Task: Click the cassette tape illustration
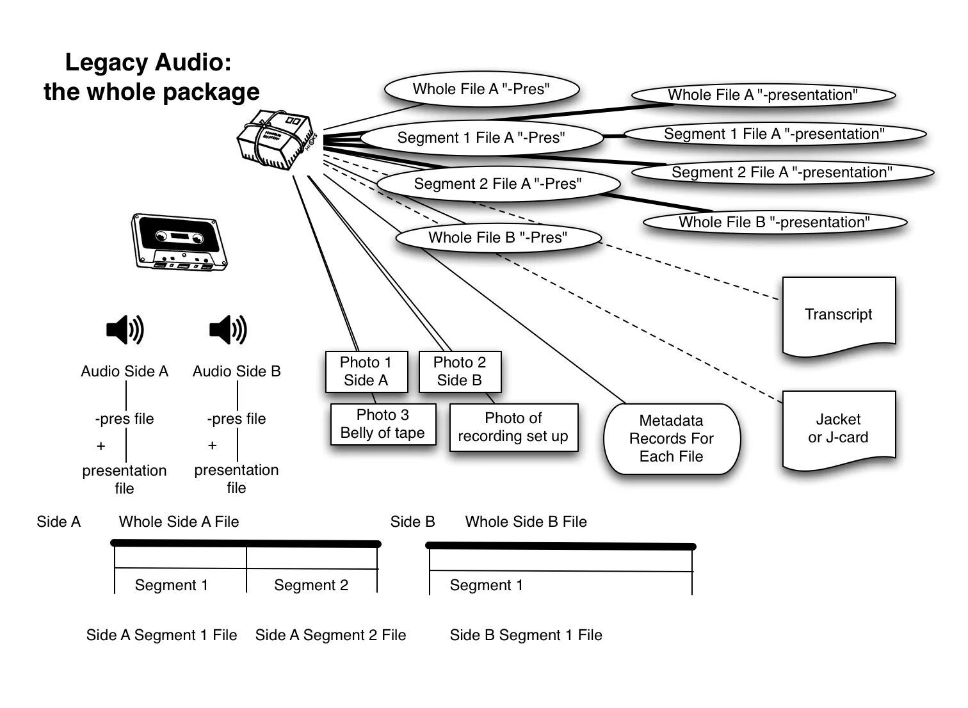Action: tap(179, 241)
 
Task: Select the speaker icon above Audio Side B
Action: tap(228, 330)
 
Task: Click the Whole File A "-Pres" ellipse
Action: tap(481, 89)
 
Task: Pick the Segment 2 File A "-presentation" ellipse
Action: tap(782, 172)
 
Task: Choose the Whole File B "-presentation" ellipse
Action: tap(774, 222)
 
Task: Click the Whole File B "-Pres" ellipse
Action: tap(497, 237)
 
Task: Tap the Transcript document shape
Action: tap(838, 315)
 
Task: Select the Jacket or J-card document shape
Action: tap(838, 429)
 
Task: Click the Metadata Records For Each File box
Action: tap(671, 438)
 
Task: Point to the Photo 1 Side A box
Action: tap(366, 371)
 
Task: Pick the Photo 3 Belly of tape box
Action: tap(383, 424)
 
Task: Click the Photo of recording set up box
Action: tap(513, 427)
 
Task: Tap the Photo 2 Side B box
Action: tap(459, 371)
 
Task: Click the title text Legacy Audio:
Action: tap(148, 63)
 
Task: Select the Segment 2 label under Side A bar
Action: tap(311, 585)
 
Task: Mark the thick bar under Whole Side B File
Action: tap(560, 546)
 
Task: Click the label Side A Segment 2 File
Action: tap(330, 635)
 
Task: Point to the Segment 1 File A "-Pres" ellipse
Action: tap(481, 138)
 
